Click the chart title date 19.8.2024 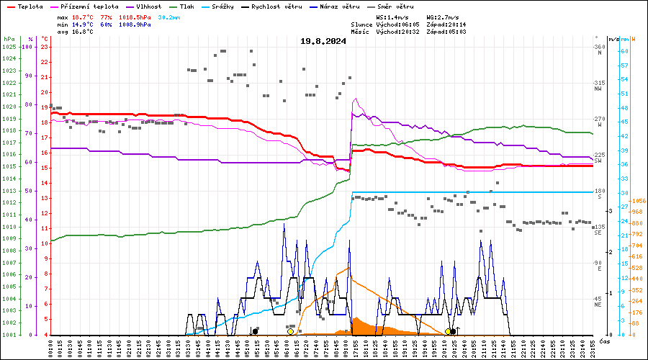click(x=323, y=41)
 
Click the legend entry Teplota click(x=30, y=6)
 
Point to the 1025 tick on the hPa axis click(x=9, y=47)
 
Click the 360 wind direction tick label click(x=599, y=47)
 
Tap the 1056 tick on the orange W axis click(x=638, y=201)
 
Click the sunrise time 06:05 click(x=408, y=24)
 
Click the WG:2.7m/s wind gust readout click(x=443, y=17)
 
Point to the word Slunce click(x=362, y=24)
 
